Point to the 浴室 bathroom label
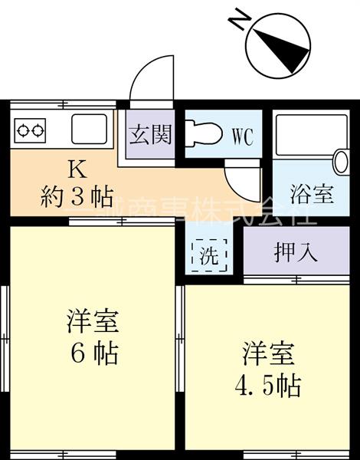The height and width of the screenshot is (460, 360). coord(312,192)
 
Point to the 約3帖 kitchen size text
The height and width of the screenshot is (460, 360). coord(77,197)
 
